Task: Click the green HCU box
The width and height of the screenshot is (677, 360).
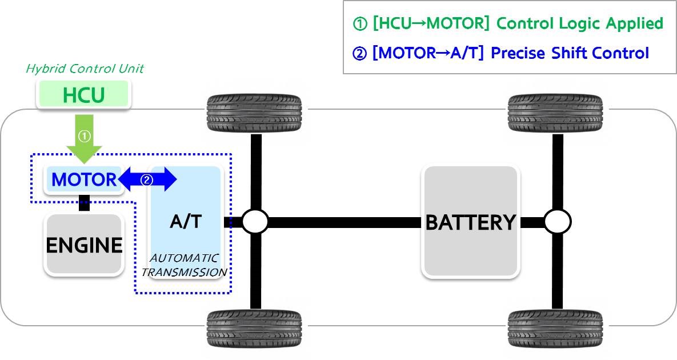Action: coord(83,95)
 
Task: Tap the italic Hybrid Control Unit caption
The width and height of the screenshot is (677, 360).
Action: coord(85,69)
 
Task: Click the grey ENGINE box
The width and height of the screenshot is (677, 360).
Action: coord(84,245)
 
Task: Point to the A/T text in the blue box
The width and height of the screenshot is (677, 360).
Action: coord(186,221)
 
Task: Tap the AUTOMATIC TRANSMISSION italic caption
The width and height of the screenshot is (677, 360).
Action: coord(184,266)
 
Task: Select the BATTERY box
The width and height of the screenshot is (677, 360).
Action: coord(470,222)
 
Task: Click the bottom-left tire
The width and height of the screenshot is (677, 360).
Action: coord(255,327)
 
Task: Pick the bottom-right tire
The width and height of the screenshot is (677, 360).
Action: coord(556,327)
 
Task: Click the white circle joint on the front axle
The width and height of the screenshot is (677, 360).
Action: coord(255,222)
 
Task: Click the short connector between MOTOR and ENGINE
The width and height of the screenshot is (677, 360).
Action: coord(84,203)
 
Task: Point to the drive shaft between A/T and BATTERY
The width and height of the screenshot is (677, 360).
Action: coord(343,222)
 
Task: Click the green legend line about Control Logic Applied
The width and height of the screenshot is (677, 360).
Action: coord(508,24)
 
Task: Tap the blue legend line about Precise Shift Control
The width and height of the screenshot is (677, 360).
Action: coord(500,53)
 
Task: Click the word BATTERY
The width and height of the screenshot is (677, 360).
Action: coord(470,222)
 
